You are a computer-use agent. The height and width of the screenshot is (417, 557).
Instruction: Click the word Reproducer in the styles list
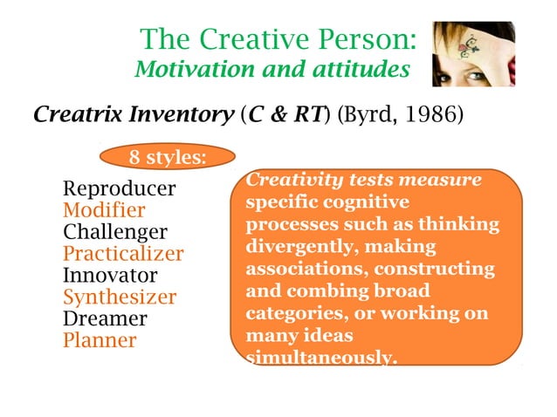[x=120, y=189]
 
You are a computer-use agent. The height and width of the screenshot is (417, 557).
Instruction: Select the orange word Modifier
[x=104, y=211]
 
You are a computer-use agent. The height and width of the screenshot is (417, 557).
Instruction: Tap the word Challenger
[x=115, y=233]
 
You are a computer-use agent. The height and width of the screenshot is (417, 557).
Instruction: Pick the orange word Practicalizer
[x=123, y=255]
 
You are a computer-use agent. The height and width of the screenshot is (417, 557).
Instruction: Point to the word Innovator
[x=110, y=276]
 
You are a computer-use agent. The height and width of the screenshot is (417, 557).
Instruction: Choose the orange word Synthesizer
[x=120, y=297]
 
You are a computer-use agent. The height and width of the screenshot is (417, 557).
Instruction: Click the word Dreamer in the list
[x=105, y=318]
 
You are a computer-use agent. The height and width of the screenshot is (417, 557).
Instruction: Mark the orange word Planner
[x=100, y=340]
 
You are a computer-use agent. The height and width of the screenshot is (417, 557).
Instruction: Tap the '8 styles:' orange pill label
[x=168, y=158]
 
